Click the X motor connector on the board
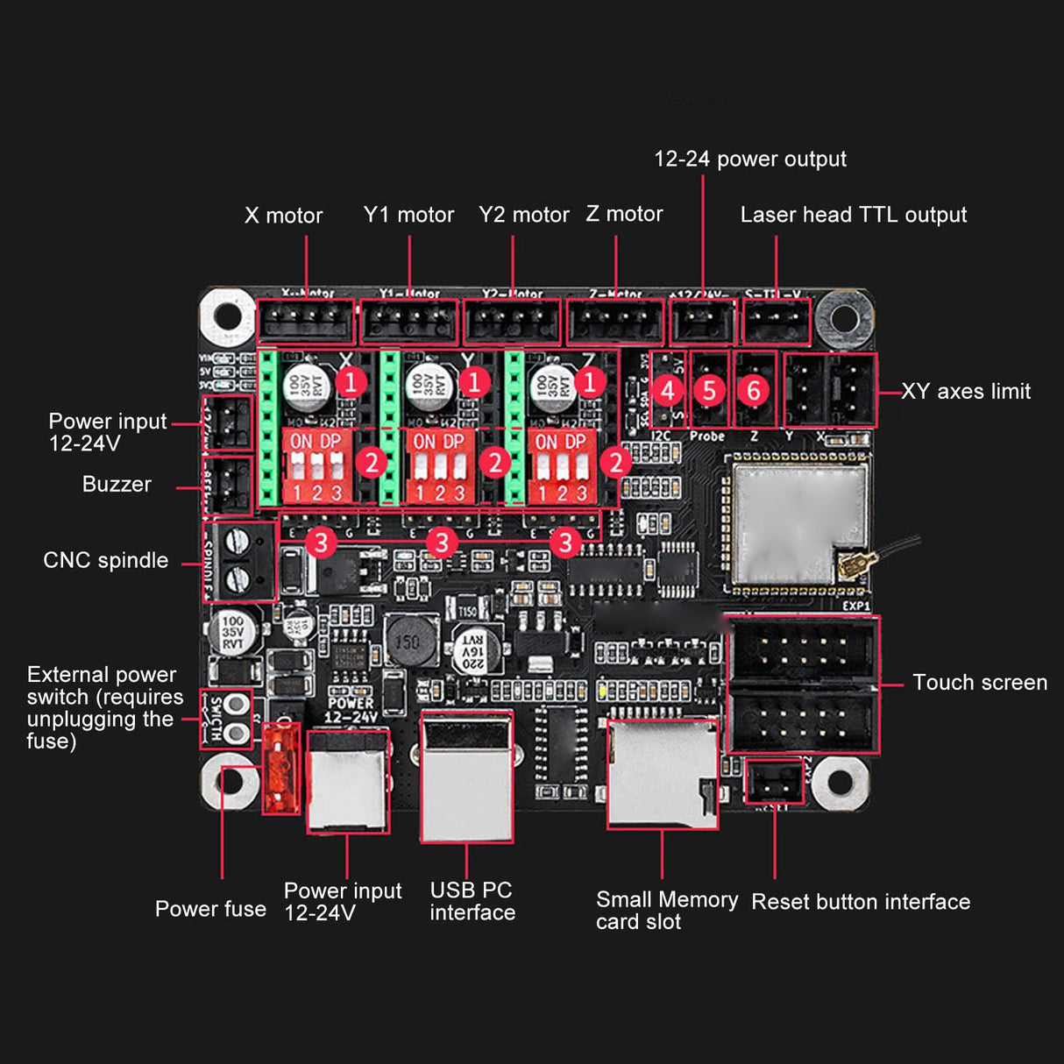pyautogui.click(x=305, y=322)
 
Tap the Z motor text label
pyautogui.click(x=624, y=214)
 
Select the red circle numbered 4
pyautogui.click(x=669, y=390)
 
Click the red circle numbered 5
pyautogui.click(x=709, y=390)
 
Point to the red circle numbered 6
pyautogui.click(x=753, y=390)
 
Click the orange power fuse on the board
pyautogui.click(x=281, y=768)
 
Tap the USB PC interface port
pyautogui.click(x=466, y=777)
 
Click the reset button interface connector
pyautogui.click(x=774, y=781)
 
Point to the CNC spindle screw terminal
pyautogui.click(x=241, y=561)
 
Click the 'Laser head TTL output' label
pyautogui.click(x=853, y=215)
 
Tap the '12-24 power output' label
pyautogui.click(x=750, y=159)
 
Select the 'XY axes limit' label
pyautogui.click(x=966, y=392)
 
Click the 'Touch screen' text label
pyautogui.click(x=979, y=683)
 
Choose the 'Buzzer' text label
pyautogui.click(x=117, y=485)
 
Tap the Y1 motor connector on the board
pyautogui.click(x=409, y=322)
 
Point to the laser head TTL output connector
pyautogui.click(x=776, y=322)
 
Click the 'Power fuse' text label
pyautogui.click(x=210, y=909)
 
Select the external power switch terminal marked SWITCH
pyautogui.click(x=226, y=719)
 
